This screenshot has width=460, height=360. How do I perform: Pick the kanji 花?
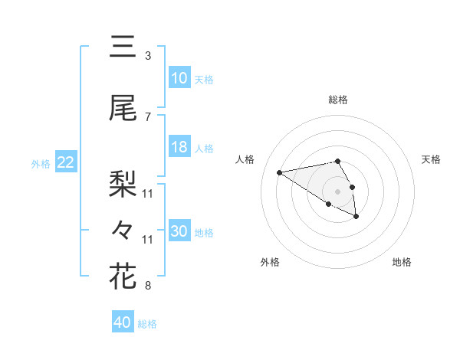pos(123,277)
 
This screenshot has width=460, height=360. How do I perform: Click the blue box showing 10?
pos(179,78)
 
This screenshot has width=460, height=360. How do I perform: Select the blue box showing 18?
pos(179,147)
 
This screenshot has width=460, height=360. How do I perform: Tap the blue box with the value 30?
pos(179,231)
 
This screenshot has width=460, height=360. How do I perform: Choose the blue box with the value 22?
pos(66,162)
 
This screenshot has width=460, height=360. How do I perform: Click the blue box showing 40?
pos(123,322)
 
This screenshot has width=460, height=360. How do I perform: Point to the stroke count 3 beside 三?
pos(148,56)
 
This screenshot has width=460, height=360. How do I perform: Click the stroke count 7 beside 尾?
pos(148,117)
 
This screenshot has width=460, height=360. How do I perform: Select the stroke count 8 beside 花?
pos(148,286)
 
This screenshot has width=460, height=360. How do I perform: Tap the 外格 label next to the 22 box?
pos(41,163)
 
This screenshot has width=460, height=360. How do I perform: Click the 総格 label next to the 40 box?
pos(147,324)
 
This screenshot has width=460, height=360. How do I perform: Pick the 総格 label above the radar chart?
pos(338,100)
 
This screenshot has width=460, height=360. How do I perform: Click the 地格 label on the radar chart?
pos(402,263)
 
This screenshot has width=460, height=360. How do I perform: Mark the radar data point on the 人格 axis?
pos(280,172)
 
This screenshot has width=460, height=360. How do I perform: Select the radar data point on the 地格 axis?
pos(356,217)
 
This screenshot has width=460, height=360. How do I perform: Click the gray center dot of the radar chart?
pos(338,191)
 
